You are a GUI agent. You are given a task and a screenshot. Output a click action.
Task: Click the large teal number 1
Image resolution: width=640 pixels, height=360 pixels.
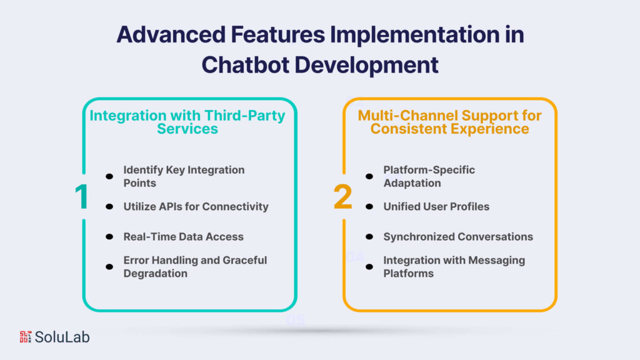point(82,197)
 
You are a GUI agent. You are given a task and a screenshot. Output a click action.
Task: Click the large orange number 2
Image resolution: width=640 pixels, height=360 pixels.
point(343,197)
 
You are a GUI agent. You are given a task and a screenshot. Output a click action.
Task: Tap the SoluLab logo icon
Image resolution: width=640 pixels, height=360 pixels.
point(26,337)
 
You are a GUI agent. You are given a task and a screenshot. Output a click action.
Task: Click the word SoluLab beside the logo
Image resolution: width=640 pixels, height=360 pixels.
point(62,337)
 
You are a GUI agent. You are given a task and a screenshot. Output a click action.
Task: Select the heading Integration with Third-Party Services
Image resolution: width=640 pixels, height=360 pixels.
point(187,122)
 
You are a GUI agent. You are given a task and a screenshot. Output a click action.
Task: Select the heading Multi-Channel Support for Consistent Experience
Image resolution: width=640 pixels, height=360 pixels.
point(449,122)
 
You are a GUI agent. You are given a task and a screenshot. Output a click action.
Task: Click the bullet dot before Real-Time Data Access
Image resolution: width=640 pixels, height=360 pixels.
point(109,237)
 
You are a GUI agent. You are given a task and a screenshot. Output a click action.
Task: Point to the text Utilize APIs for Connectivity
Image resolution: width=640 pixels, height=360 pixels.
point(196,206)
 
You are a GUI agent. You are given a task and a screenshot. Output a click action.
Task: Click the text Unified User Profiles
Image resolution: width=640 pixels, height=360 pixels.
point(436,206)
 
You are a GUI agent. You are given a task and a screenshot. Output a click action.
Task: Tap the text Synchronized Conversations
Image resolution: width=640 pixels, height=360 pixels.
point(457,236)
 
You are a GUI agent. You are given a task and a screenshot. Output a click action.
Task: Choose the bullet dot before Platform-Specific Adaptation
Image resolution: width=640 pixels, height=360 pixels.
point(369,176)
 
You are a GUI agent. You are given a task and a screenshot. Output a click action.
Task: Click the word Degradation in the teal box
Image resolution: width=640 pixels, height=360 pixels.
point(155,273)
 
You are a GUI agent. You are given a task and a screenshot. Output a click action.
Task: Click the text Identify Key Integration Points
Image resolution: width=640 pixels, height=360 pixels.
point(184,176)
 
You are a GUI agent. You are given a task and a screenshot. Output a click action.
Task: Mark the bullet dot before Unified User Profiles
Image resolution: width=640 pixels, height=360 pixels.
point(369,207)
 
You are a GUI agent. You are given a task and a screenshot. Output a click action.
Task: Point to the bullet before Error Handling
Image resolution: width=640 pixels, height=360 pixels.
point(109,267)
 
